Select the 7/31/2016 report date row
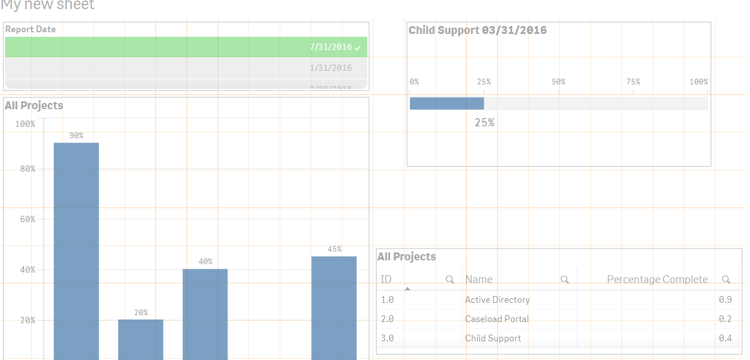pyautogui.click(x=186, y=47)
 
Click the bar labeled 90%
pyautogui.click(x=76, y=249)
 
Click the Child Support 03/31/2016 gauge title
pyautogui.click(x=478, y=31)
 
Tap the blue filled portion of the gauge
pyautogui.click(x=447, y=103)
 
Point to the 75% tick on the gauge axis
pyautogui.click(x=633, y=82)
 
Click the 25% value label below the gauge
pyautogui.click(x=485, y=122)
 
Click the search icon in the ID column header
pyautogui.click(x=450, y=280)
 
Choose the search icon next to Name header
pyautogui.click(x=564, y=280)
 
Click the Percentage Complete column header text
pyautogui.click(x=657, y=280)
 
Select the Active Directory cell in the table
pyautogui.click(x=498, y=300)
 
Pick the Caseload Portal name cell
pyautogui.click(x=497, y=319)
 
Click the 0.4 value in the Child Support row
pyautogui.click(x=725, y=338)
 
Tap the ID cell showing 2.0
pyautogui.click(x=387, y=319)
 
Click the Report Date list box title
pyautogui.click(x=31, y=29)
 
